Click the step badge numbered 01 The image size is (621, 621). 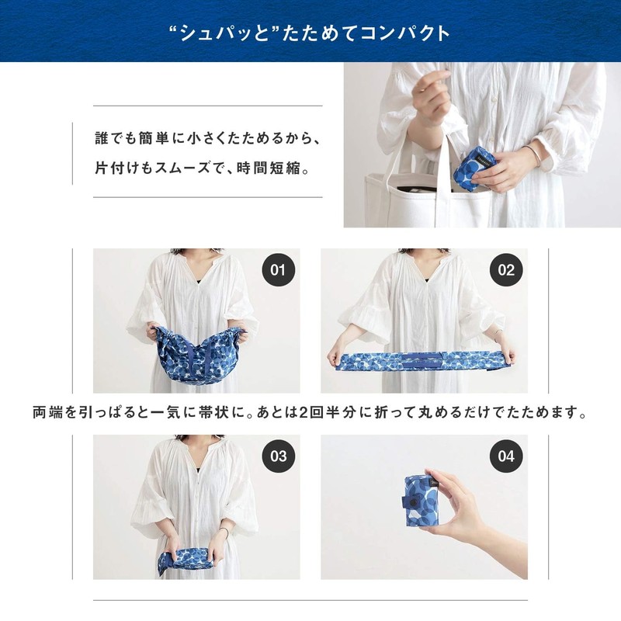278,270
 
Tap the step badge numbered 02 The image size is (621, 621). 506,270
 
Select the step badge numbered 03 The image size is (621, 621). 278,456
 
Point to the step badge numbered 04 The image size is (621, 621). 506,456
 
